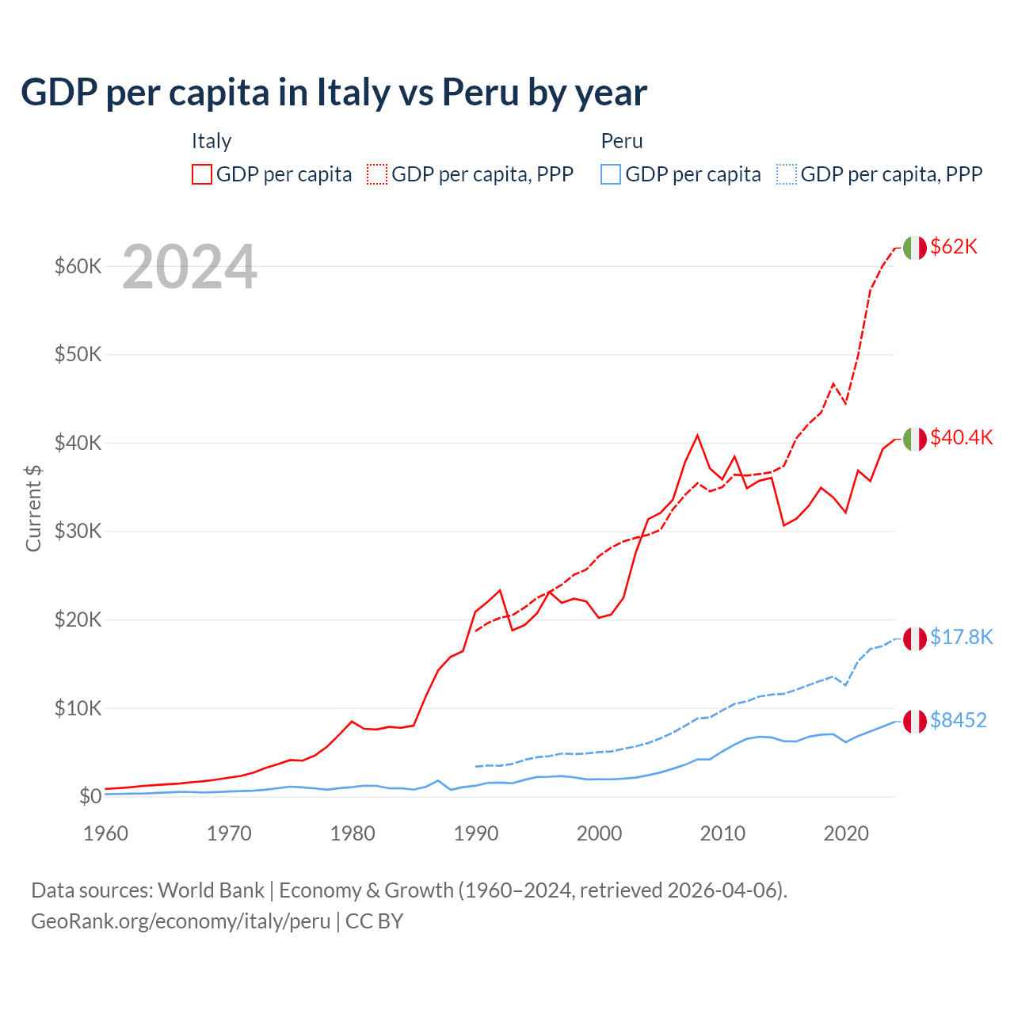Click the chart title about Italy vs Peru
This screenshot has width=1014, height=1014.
point(334,93)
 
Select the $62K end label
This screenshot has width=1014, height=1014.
point(954,247)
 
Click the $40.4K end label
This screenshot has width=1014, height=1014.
point(961,438)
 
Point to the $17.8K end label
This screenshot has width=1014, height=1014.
point(961,638)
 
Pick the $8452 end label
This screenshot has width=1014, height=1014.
point(958,721)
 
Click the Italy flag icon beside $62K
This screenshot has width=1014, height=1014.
point(914,248)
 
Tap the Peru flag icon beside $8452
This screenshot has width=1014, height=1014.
point(914,721)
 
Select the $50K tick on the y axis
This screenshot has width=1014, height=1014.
point(78,354)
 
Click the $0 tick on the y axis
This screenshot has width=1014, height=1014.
point(90,796)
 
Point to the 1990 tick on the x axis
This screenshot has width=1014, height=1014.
point(476,833)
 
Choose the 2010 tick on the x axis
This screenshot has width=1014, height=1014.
point(722,833)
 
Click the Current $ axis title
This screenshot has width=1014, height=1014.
point(33,508)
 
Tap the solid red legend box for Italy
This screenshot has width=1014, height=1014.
point(202,174)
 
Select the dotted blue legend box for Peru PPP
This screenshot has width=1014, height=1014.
point(787,174)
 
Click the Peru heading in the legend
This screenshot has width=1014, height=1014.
point(622,142)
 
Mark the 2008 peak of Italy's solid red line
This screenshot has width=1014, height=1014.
point(697,435)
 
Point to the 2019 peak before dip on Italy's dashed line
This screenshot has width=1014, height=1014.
point(833,384)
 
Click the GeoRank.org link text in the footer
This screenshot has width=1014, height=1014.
point(181,921)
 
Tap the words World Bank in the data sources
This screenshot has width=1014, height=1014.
point(211,890)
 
